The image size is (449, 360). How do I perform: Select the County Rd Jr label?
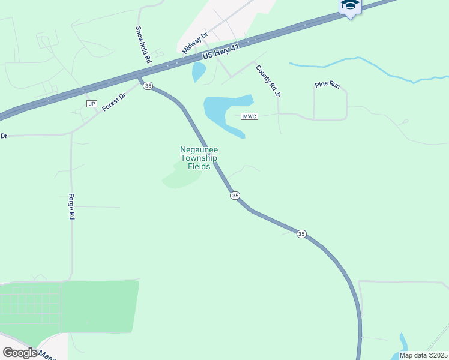[x=268, y=81]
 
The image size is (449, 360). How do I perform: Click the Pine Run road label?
[x=327, y=85]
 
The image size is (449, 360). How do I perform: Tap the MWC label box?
[x=250, y=116]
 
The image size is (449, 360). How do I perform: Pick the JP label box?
[x=92, y=104]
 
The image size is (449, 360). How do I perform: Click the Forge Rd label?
[x=71, y=206]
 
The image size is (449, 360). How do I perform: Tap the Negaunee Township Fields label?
[x=199, y=158]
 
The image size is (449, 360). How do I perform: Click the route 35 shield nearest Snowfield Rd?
[x=148, y=86]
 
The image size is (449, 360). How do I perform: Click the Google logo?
[x=20, y=353]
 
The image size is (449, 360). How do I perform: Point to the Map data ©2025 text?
[x=423, y=355]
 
